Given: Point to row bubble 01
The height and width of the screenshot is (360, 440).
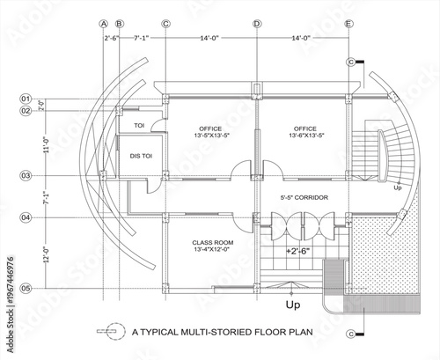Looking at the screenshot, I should click(x=26, y=98).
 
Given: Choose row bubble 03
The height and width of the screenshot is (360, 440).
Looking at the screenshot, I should click(x=26, y=176).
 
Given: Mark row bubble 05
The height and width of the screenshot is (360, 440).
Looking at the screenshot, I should click(x=26, y=288).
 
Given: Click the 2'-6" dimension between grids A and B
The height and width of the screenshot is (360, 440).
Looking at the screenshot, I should click(x=111, y=39).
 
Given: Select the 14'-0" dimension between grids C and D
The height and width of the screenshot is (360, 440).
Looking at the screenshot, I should click(x=210, y=39).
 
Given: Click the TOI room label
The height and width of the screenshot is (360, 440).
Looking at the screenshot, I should click(x=138, y=126).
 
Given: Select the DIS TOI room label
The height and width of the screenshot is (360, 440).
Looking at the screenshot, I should click(x=142, y=155).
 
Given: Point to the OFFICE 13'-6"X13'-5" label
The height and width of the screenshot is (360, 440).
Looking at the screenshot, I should click(x=305, y=132).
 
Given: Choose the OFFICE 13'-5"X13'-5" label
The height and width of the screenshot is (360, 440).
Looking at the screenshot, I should click(x=211, y=132).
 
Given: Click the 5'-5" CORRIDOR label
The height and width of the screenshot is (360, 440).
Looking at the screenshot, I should click(x=304, y=198).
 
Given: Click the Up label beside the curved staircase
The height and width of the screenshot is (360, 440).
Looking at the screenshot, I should click(x=397, y=187).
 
